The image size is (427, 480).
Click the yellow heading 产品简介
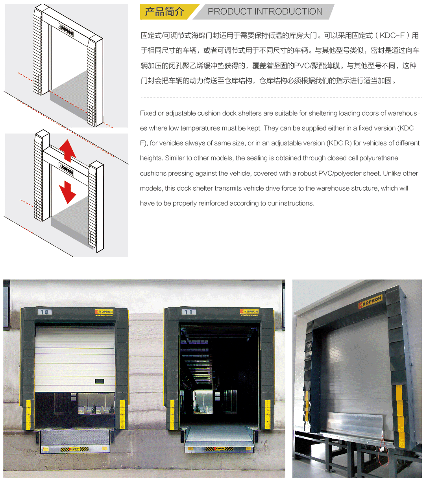[164, 12]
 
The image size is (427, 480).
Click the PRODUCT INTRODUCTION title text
[265, 11]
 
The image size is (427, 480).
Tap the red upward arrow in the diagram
[68, 151]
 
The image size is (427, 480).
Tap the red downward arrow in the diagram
[68, 192]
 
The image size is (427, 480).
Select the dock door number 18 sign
[44, 312]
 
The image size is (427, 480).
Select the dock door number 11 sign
[189, 312]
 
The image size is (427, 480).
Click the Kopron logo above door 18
[104, 312]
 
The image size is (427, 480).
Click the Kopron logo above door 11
[249, 311]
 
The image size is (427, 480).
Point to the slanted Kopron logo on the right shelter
[370, 302]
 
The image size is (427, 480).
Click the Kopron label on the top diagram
[66, 30]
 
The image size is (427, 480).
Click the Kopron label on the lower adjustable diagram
[66, 169]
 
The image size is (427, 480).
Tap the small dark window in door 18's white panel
[99, 381]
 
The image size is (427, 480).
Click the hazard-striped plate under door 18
[75, 449]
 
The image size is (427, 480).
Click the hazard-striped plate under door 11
[219, 449]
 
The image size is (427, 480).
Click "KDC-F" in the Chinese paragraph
[392, 35]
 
